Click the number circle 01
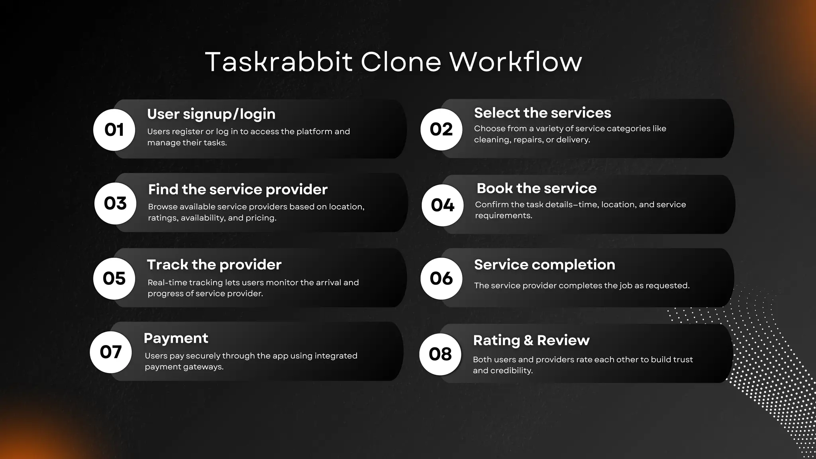[114, 130]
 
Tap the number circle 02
[441, 129]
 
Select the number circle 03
[116, 204]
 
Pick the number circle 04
[443, 205]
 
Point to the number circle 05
[114, 279]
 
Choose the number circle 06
[441, 279]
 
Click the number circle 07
[111, 352]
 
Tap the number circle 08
[440, 354]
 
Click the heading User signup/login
[211, 114]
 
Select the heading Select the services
[542, 113]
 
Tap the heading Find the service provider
[237, 190]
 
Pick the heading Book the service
[536, 188]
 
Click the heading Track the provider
[214, 265]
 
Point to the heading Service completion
[544, 265]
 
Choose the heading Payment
[176, 338]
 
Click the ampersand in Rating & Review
[528, 341]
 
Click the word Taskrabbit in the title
[279, 62]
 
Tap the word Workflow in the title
[516, 62]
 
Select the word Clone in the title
[401, 62]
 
